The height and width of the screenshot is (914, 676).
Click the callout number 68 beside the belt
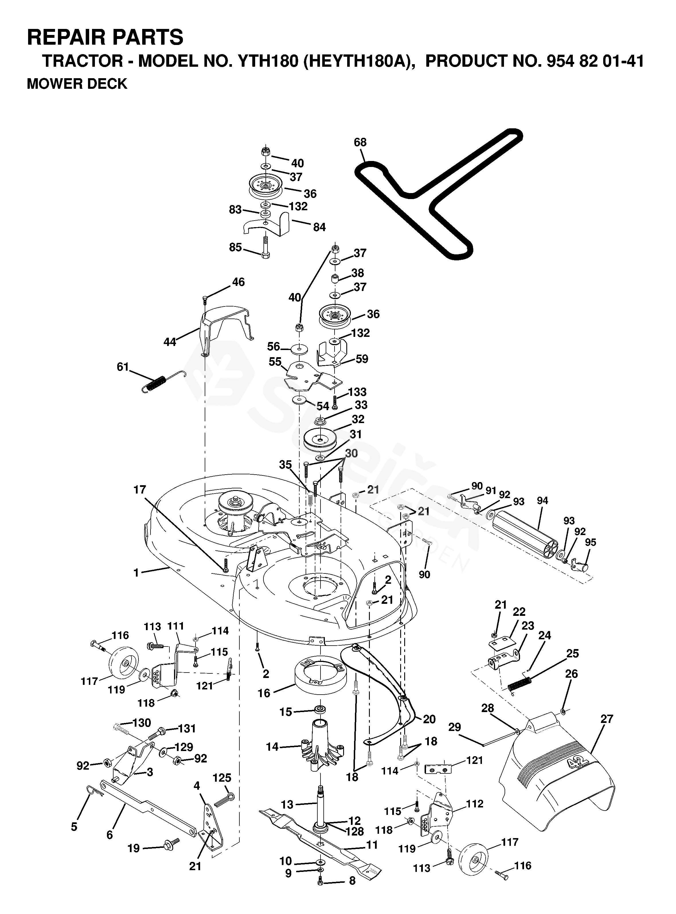click(x=360, y=142)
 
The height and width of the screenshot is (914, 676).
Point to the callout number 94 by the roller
click(x=543, y=500)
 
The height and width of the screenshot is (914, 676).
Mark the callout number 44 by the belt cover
click(x=169, y=342)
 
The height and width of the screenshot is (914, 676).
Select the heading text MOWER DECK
click(x=77, y=84)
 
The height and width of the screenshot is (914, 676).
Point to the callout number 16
click(x=264, y=693)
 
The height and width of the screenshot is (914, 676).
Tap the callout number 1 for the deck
click(x=136, y=573)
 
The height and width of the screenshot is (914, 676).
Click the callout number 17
click(x=140, y=489)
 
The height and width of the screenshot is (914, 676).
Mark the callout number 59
click(x=362, y=359)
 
